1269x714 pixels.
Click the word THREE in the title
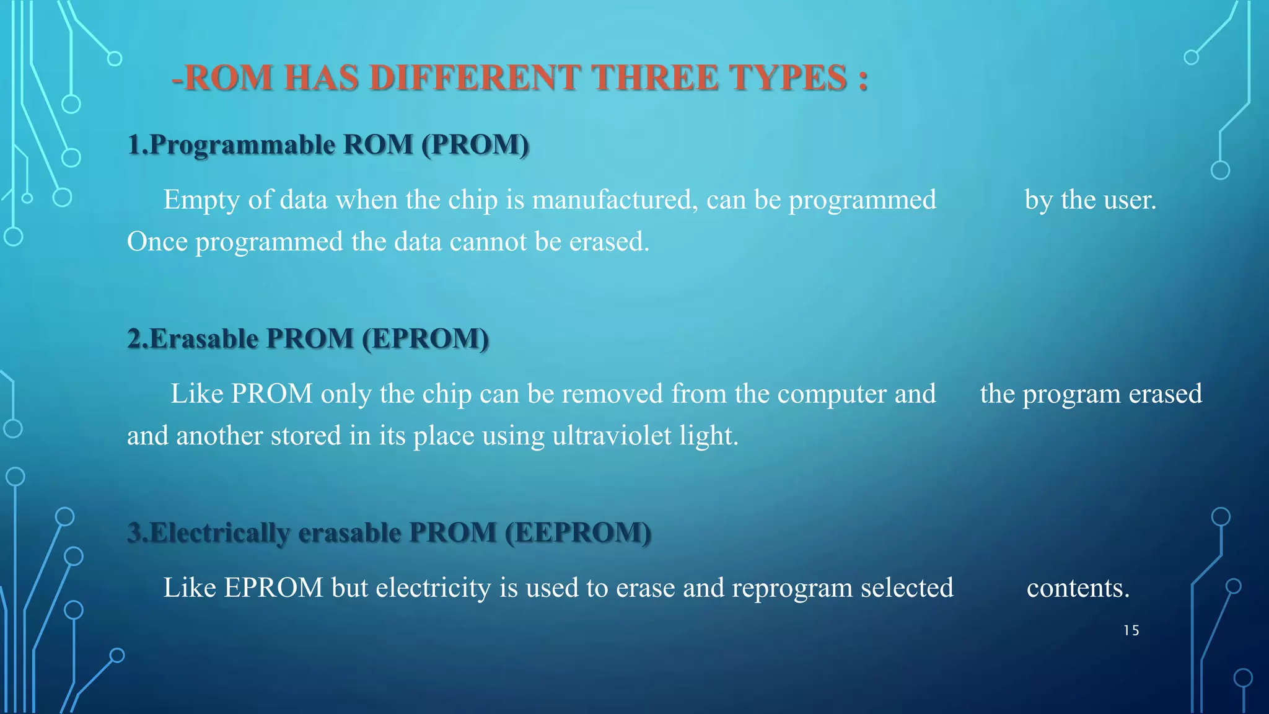click(656, 79)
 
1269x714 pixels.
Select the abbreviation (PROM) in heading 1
click(475, 145)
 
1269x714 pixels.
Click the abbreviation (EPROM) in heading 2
click(426, 339)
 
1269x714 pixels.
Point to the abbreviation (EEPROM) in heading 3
click(578, 533)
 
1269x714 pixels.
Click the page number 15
click(1131, 631)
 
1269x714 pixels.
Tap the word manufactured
click(615, 200)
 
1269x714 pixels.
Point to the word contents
click(1078, 588)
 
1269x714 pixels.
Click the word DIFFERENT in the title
click(476, 79)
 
